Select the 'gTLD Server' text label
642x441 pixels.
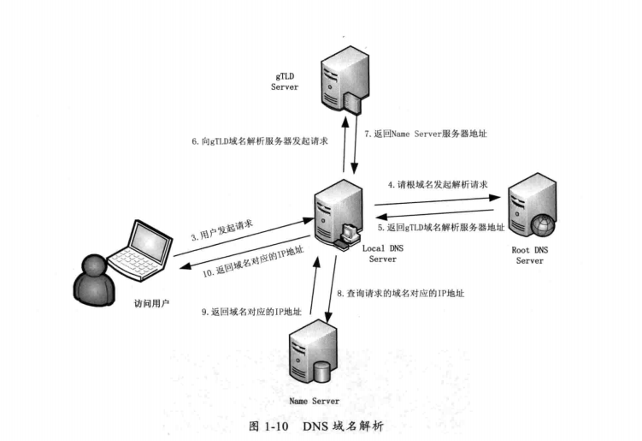click(284, 81)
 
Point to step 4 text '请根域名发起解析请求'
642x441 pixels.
click(437, 184)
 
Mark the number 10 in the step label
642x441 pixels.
click(208, 273)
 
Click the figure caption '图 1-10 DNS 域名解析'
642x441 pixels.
click(321, 426)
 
